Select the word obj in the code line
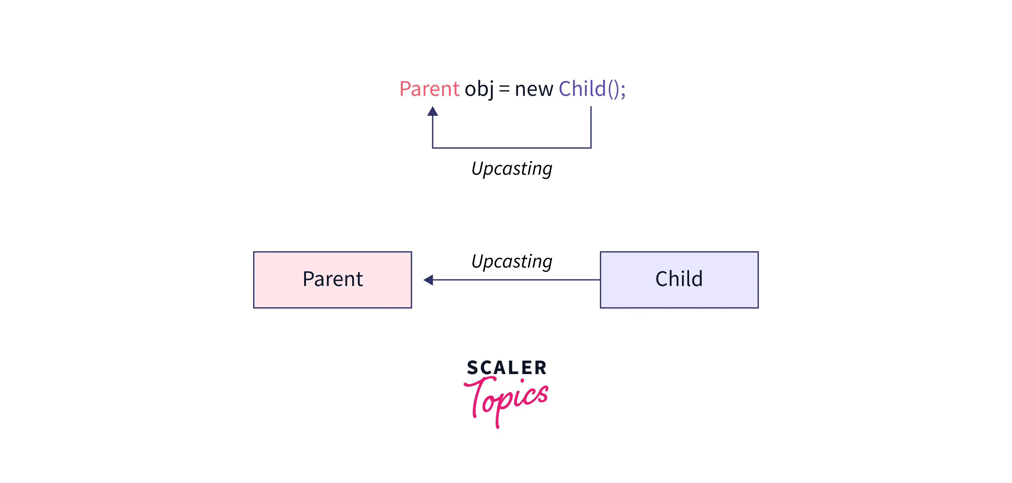pos(479,89)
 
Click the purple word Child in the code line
pos(582,89)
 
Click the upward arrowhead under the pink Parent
pos(432,112)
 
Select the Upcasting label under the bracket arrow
pos(511,169)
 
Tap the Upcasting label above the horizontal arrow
pos(511,262)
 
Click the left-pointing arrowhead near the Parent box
pos(429,280)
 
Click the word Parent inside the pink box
pos(332,279)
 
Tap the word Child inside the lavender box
pos(679,279)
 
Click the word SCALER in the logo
pos(506,368)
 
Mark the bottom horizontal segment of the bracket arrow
pos(511,148)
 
